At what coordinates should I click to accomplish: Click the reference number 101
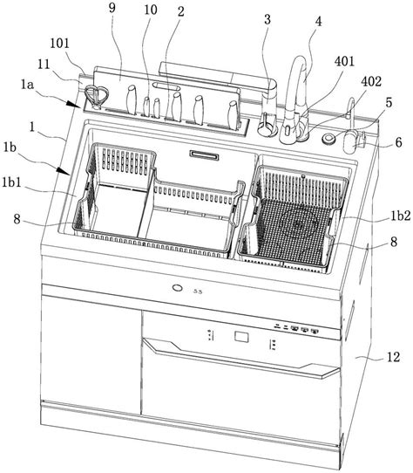coord(59,43)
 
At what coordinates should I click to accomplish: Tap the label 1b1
coord(12,182)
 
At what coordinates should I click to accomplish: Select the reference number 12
coord(393,357)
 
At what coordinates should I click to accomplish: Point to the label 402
coord(371,81)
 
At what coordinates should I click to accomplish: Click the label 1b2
coord(401,216)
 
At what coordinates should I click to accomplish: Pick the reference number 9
coord(112,8)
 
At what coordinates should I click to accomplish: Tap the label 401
coord(345,61)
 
